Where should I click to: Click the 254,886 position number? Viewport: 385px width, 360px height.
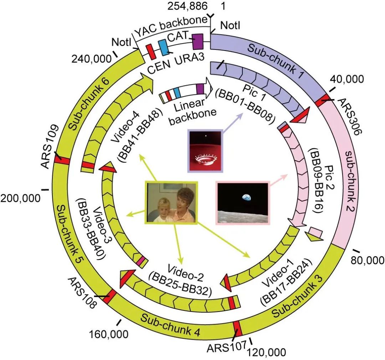click(x=188, y=6)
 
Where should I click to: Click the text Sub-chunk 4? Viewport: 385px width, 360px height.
click(x=170, y=325)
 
